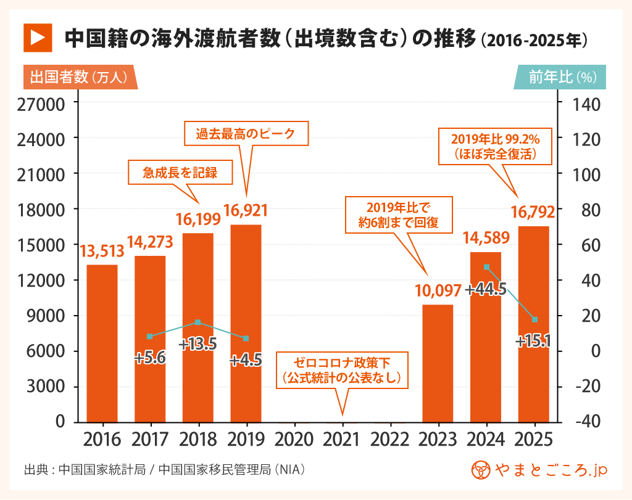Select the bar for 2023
pyautogui.click(x=438, y=363)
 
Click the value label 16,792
pyautogui.click(x=533, y=213)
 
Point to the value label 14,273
pyautogui.click(x=150, y=242)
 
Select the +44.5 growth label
pyautogui.click(x=486, y=289)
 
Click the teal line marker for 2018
pyautogui.click(x=197, y=322)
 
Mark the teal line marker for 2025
pyautogui.click(x=534, y=319)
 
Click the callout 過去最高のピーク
pyautogui.click(x=246, y=133)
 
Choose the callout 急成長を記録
pyautogui.click(x=180, y=173)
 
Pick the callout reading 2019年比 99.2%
pyautogui.click(x=495, y=145)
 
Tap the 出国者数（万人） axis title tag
pyautogui.click(x=79, y=77)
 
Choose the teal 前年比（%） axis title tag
pyautogui.click(x=561, y=77)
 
